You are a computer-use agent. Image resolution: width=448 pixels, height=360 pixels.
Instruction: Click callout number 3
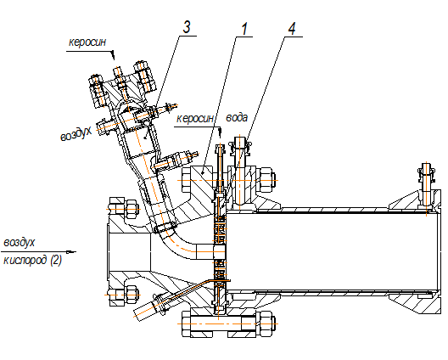tap(187, 27)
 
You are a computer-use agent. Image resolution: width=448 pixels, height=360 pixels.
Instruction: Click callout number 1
tap(244, 29)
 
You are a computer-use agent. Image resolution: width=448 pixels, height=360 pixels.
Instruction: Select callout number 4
tap(292, 29)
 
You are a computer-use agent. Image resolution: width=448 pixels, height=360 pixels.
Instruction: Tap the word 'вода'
tap(237, 117)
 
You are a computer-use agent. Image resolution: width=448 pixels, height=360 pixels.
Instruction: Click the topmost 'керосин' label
tap(87, 42)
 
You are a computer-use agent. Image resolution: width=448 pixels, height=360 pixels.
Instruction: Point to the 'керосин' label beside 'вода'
tap(195, 118)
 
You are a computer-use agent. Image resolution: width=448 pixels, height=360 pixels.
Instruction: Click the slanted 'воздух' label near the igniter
tap(76, 133)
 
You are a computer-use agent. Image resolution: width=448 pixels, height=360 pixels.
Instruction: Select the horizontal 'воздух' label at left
tap(20, 243)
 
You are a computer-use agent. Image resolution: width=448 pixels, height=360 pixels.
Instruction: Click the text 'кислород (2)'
tap(32, 261)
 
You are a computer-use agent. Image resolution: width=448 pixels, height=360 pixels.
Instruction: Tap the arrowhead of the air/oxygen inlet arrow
tap(71, 252)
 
